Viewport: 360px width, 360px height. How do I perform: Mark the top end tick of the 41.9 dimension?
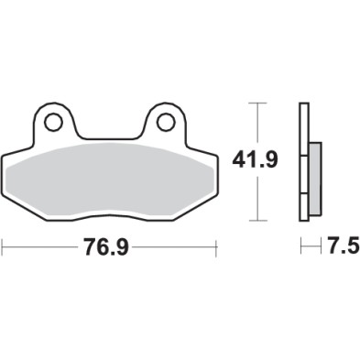[x=261, y=104]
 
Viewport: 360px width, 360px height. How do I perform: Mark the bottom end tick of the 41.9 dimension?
[x=261, y=220]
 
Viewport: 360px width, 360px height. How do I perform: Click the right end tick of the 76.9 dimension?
[x=215, y=246]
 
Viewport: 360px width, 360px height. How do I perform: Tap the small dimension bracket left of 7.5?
[x=305, y=246]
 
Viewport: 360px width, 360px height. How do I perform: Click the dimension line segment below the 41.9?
[x=261, y=197]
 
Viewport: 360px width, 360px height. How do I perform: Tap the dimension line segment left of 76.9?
[x=41, y=246]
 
